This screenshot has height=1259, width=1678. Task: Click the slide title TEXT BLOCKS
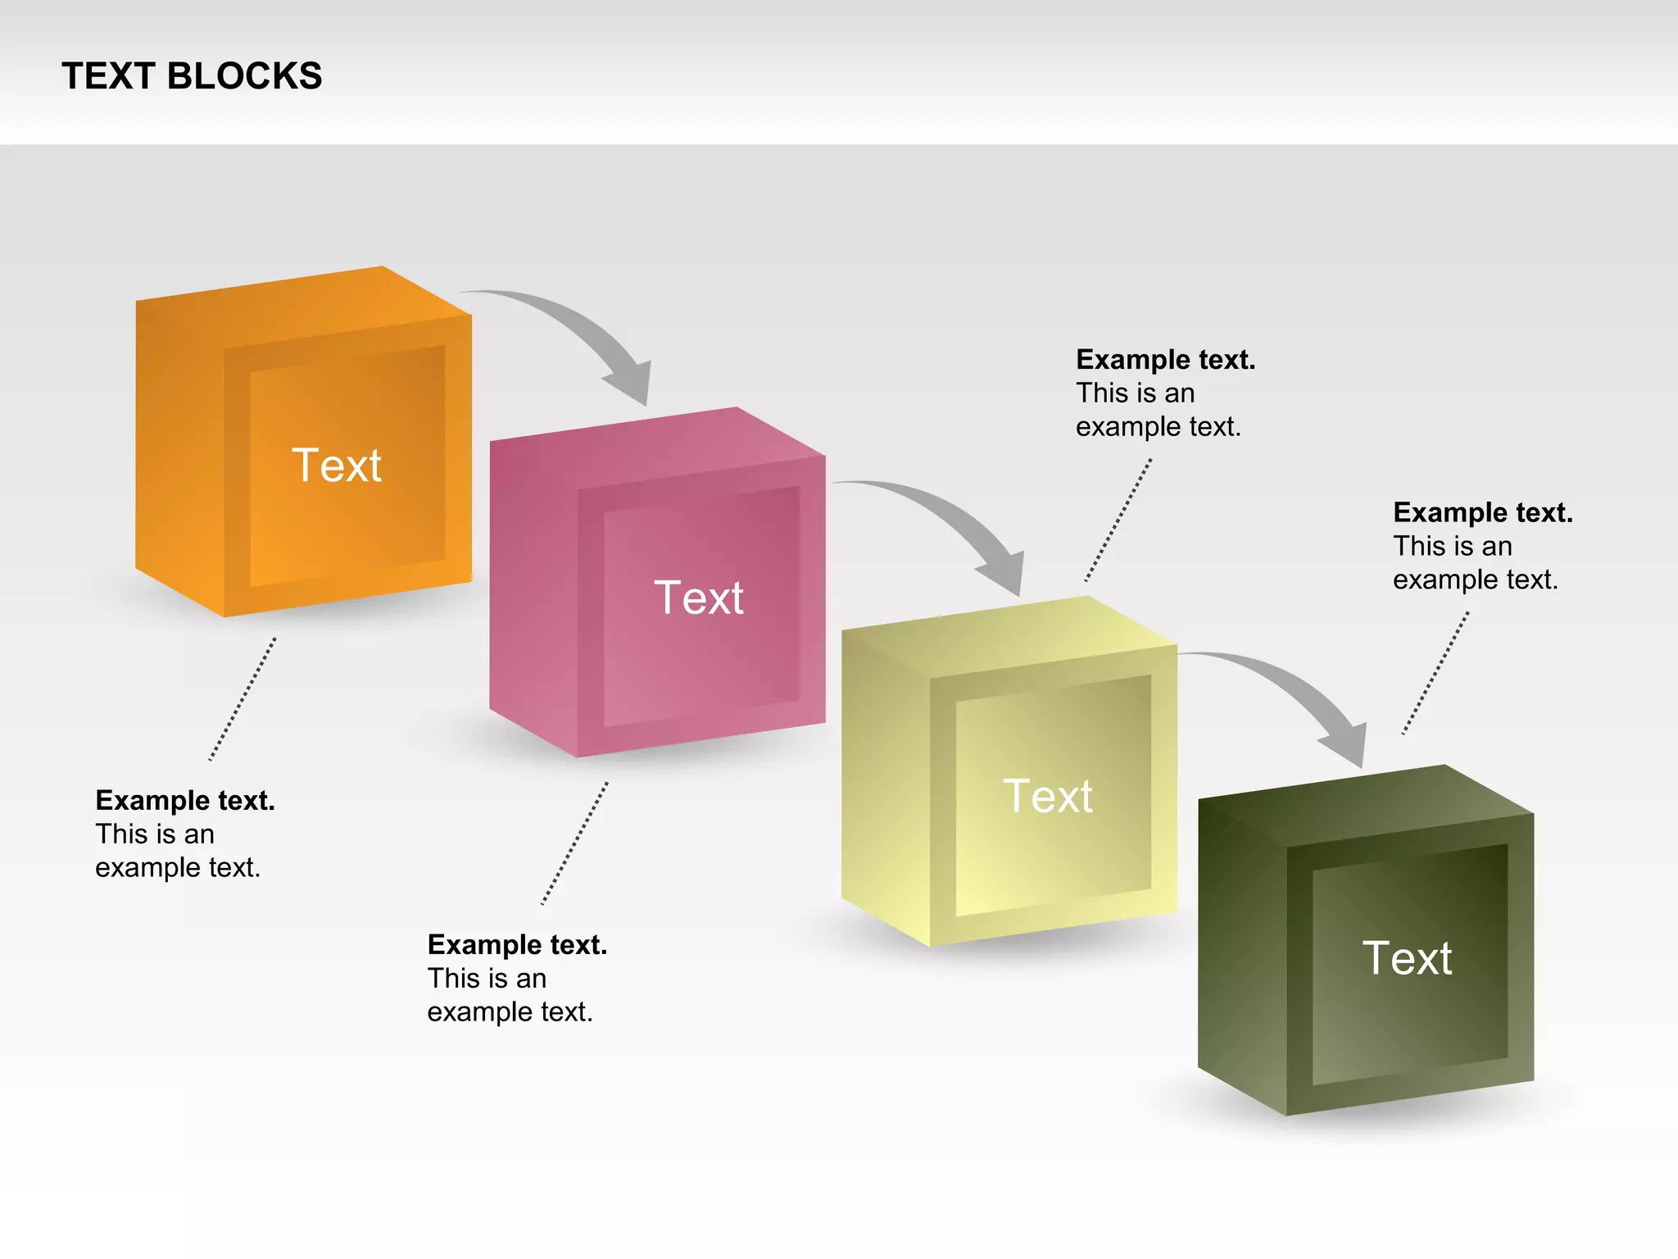click(x=192, y=76)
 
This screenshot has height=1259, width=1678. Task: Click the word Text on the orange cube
click(x=337, y=466)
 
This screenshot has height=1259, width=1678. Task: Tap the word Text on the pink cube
click(x=699, y=598)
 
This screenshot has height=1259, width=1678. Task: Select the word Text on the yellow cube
click(x=1048, y=796)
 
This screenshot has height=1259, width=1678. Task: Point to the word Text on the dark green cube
click(x=1407, y=958)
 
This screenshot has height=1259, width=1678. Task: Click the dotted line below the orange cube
click(x=243, y=698)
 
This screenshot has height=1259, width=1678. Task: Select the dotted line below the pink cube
click(x=574, y=843)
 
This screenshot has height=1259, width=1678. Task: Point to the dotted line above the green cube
click(x=1435, y=673)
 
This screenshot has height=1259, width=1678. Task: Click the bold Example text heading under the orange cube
click(x=185, y=801)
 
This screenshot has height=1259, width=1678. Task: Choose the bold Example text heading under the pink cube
click(x=517, y=945)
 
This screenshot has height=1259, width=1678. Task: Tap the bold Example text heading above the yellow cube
click(x=1165, y=360)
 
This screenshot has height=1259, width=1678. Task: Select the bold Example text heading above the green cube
click(x=1482, y=513)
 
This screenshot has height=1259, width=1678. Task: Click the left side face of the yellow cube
click(x=886, y=787)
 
